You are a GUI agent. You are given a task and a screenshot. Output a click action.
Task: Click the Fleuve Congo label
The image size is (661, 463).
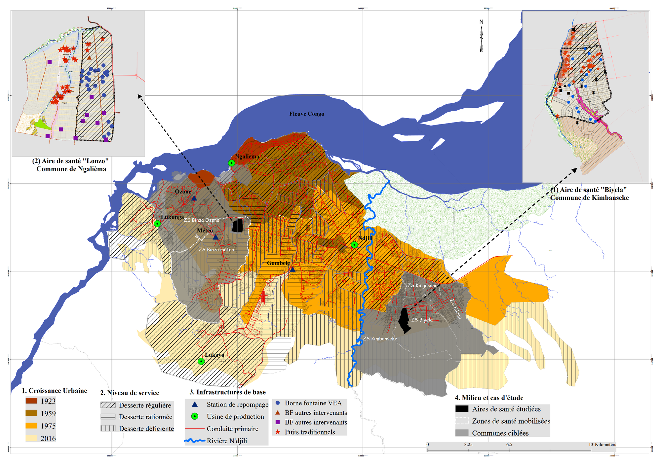(307, 114)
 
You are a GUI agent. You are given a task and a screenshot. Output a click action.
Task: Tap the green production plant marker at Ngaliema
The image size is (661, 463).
(232, 163)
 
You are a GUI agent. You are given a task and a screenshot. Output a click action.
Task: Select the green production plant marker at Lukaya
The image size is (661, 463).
(201, 361)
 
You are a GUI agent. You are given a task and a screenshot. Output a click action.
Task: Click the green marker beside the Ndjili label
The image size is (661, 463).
(354, 245)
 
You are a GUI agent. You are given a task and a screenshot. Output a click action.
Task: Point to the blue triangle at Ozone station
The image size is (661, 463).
(194, 198)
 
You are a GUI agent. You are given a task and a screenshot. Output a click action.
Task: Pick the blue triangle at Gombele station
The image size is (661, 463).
(292, 270)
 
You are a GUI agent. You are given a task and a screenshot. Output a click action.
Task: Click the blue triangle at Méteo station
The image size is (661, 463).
(215, 237)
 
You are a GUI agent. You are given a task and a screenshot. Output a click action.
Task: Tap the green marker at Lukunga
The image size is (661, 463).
(158, 224)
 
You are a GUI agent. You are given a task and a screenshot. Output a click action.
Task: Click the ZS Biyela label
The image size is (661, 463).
(422, 320)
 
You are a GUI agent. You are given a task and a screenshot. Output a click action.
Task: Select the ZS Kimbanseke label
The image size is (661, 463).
(380, 338)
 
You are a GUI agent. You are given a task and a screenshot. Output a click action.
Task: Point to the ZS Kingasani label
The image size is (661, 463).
(421, 285)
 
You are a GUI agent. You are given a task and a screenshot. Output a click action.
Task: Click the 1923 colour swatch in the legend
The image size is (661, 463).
(31, 401)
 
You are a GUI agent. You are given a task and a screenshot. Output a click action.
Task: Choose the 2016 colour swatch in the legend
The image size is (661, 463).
(31, 438)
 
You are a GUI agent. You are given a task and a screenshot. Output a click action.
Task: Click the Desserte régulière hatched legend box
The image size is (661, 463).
(108, 405)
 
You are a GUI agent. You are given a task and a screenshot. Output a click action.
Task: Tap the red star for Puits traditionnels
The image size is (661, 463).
(278, 432)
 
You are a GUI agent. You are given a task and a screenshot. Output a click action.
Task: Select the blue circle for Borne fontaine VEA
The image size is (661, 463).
(278, 403)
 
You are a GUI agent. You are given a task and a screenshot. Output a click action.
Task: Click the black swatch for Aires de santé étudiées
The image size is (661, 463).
(462, 409)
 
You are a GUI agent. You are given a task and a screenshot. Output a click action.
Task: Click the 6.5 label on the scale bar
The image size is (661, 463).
(509, 445)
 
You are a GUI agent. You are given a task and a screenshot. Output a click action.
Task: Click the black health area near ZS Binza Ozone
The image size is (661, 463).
(237, 226)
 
